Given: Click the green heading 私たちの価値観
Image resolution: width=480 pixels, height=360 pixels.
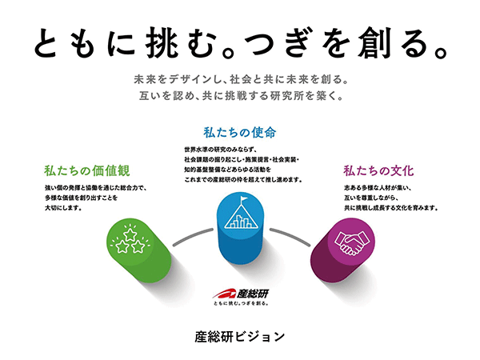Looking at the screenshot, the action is [87, 171].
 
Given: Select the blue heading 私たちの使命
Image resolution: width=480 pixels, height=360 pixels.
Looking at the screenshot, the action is [240, 133].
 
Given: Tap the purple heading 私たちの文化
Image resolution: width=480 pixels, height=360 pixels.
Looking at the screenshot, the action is [378, 171].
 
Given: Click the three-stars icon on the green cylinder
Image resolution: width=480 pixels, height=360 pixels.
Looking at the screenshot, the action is [130, 241].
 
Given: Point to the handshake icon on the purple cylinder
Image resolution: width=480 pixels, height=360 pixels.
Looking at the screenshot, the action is [351, 242].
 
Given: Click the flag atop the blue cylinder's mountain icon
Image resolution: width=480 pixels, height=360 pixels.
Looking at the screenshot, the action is [244, 199].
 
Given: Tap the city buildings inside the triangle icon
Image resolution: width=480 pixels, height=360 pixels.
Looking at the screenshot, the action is [241, 222].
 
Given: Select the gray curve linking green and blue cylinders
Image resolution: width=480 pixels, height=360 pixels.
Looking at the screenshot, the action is [192, 236].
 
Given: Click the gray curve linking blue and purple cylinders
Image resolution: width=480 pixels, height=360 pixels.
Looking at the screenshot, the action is [290, 236].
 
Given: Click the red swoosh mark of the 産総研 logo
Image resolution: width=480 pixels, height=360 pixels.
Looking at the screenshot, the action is [224, 294].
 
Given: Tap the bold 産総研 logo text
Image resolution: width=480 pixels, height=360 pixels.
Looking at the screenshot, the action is [252, 294].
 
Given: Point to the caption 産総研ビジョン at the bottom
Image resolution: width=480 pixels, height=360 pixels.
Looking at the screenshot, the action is [240, 337].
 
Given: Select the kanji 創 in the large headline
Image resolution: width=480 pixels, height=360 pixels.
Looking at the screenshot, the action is [374, 43].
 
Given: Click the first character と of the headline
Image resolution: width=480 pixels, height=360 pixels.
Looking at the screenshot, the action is [46, 43].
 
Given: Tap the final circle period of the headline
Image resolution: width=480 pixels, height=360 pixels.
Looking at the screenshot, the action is [440, 53].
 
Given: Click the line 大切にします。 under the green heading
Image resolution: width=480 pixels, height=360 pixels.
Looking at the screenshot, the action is [63, 208].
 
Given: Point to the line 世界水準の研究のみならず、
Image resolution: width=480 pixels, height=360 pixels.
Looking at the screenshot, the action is [220, 150].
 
